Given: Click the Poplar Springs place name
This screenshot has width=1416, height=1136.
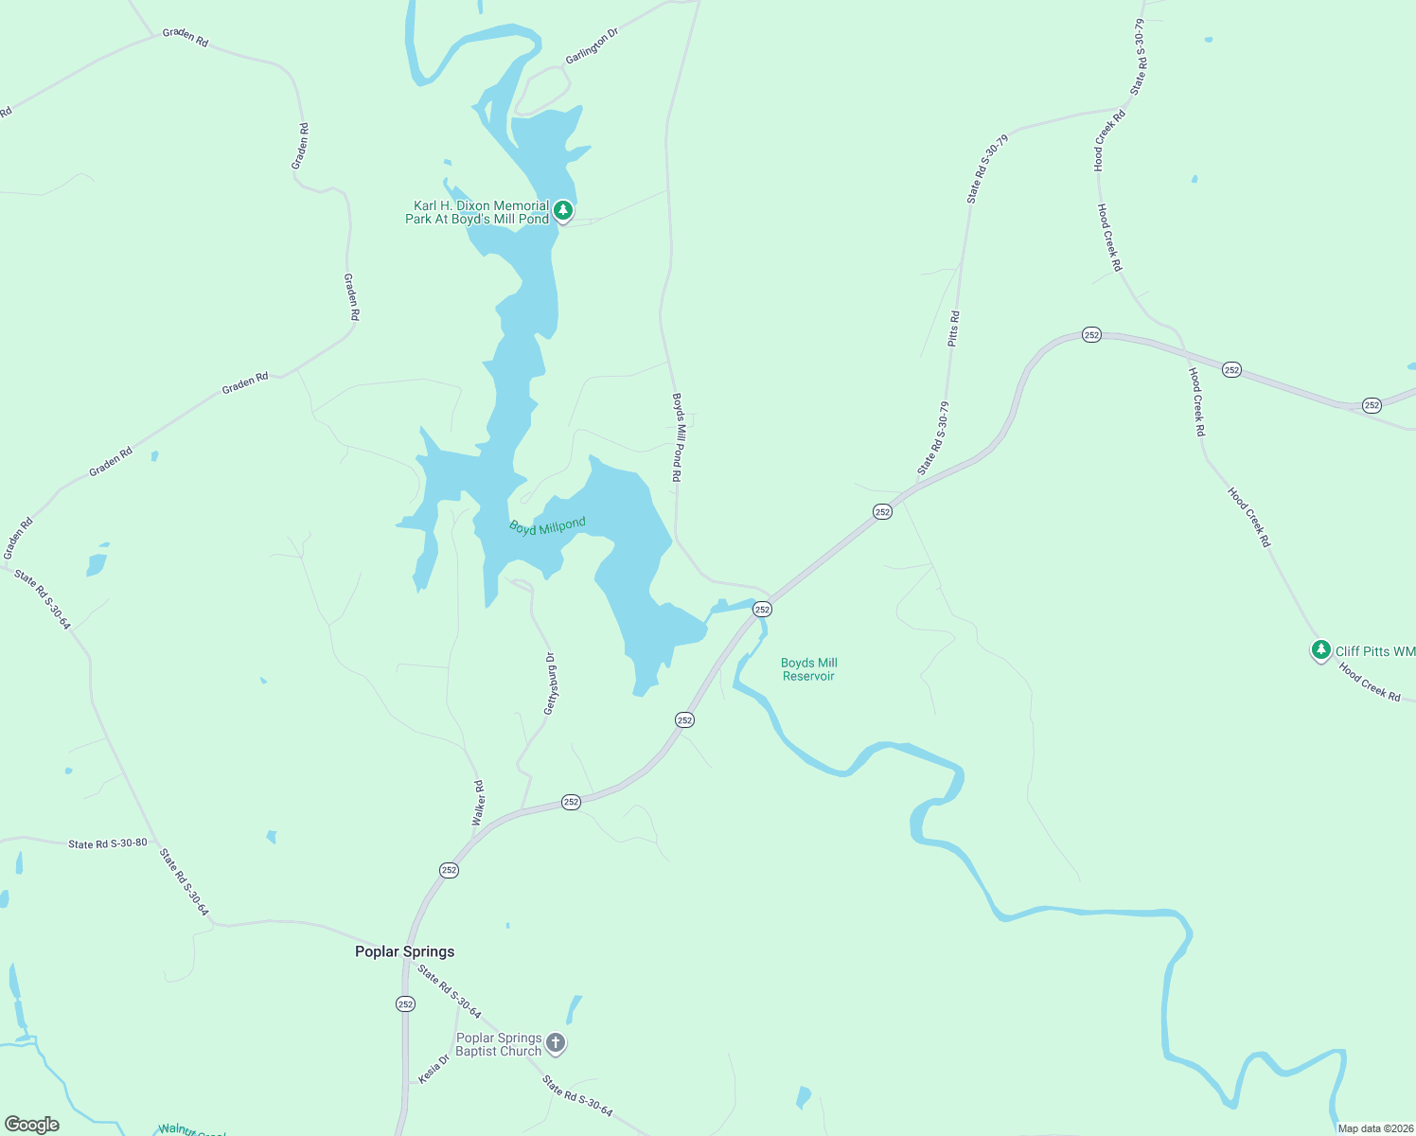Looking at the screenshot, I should click(x=404, y=951).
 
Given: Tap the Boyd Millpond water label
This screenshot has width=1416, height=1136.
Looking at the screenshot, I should click(x=547, y=526).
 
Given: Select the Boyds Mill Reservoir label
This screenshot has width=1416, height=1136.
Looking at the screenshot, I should click(x=808, y=669).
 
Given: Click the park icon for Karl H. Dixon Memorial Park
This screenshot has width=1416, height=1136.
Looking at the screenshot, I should click(x=563, y=210).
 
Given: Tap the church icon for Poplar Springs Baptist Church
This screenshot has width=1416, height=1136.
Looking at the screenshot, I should click(x=556, y=1043).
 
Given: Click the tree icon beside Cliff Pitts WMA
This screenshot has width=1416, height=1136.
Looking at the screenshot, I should click(x=1320, y=650).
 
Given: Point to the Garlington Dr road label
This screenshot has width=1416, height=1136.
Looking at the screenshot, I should click(x=592, y=46).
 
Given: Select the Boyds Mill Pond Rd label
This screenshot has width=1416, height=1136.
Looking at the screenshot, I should click(x=677, y=437).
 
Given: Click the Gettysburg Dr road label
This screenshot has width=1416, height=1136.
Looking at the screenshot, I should click(x=549, y=683).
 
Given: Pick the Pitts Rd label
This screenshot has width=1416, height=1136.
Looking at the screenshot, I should click(x=954, y=328).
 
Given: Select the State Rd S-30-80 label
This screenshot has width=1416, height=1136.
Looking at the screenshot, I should click(x=107, y=843).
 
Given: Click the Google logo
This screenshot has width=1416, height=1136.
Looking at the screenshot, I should click(x=32, y=1124).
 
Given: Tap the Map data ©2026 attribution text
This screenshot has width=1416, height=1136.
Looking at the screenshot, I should click(x=1375, y=1128).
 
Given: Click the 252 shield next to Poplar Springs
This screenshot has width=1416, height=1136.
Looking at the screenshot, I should click(x=405, y=1003).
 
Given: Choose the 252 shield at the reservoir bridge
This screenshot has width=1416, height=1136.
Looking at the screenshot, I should click(x=762, y=610).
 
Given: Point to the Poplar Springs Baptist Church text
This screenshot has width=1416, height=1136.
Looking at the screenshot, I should click(x=499, y=1044).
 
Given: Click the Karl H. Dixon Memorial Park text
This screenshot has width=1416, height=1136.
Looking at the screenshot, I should click(x=477, y=212).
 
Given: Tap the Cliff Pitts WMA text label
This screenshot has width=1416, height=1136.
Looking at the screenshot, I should click(x=1375, y=651).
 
